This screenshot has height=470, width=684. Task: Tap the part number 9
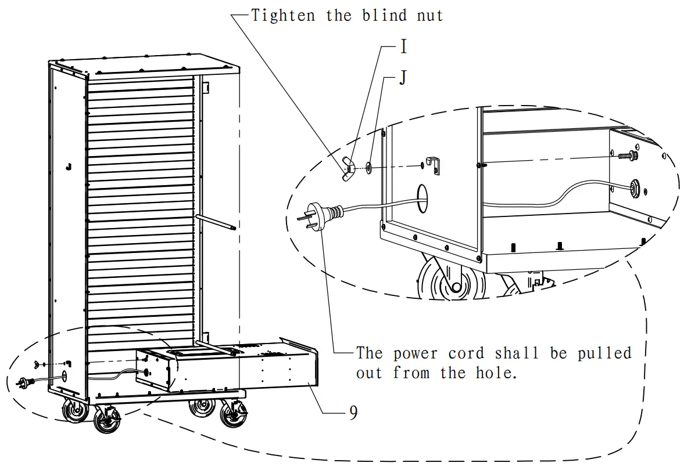click(x=353, y=413)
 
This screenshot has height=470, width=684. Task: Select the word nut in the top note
click(x=430, y=16)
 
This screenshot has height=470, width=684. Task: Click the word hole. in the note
click(x=495, y=372)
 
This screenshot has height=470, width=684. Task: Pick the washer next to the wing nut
click(x=370, y=168)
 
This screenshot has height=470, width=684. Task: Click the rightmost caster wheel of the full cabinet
click(x=234, y=415)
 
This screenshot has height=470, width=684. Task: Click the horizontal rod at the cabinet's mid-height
click(x=216, y=223)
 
